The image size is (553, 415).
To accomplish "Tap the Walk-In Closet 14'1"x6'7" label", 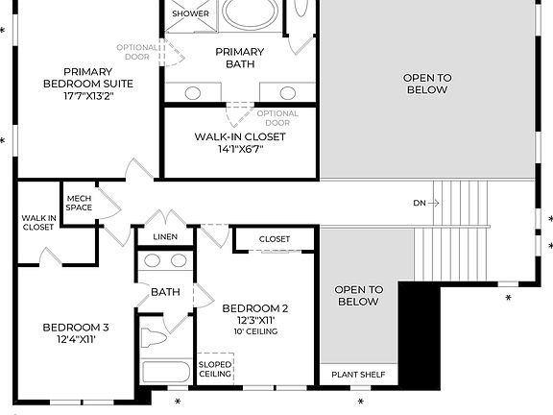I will (241, 142).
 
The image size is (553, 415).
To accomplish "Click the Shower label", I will (190, 14).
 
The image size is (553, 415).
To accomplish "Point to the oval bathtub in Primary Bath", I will (251, 13).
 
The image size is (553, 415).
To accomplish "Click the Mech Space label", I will (79, 203).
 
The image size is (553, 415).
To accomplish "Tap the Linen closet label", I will (165, 236).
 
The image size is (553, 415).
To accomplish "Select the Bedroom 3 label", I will (69, 332).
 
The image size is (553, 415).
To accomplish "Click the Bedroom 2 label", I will (255, 314).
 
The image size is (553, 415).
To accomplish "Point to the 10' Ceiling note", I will (255, 331).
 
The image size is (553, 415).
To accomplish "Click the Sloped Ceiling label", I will (215, 369).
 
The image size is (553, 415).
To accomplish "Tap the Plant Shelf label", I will (357, 375).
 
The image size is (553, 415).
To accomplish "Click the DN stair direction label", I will (420, 203).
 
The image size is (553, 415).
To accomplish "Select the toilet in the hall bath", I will (155, 338).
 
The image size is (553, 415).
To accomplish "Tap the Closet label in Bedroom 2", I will (275, 238).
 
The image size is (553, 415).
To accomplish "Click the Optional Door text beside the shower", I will (136, 51).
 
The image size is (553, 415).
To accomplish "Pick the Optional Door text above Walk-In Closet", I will (277, 118).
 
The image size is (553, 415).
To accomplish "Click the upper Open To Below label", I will (426, 84).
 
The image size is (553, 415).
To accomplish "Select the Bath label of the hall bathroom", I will (165, 292).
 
